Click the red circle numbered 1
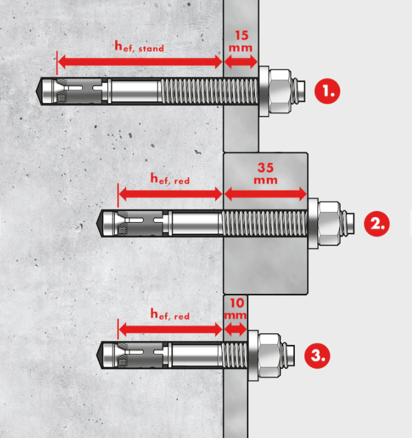pyautogui.click(x=327, y=91)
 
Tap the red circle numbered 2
pyautogui.click(x=377, y=223)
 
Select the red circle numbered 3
pyautogui.click(x=317, y=356)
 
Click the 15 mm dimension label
pyautogui.click(x=241, y=41)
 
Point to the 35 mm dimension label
pyautogui.click(x=266, y=173)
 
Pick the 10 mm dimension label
pyautogui.click(x=236, y=309)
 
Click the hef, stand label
pyautogui.click(x=139, y=46)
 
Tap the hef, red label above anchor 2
pyautogui.click(x=170, y=179)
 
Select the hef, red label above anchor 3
pyautogui.click(x=170, y=314)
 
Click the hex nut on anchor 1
pyautogui.click(x=280, y=91)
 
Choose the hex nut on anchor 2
pyautogui.click(x=329, y=223)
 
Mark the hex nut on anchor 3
pyautogui.click(x=269, y=356)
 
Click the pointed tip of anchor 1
pyautogui.click(x=37, y=91)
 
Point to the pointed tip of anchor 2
pyautogui.click(x=97, y=223)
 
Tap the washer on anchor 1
pyautogui.click(x=264, y=91)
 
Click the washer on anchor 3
pyautogui.click(x=253, y=356)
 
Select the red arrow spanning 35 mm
pyautogui.click(x=266, y=194)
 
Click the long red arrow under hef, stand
pyautogui.click(x=140, y=62)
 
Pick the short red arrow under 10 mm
pyautogui.click(x=236, y=329)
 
